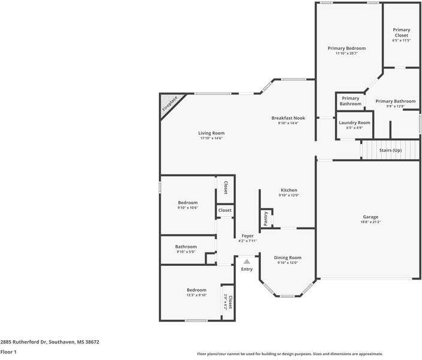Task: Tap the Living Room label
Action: click(x=211, y=133)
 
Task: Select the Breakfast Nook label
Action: click(x=288, y=118)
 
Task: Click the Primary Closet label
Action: click(x=401, y=32)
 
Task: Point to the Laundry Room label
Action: click(x=354, y=122)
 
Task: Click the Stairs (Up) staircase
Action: click(x=390, y=149)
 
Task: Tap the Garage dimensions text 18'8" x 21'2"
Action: click(x=370, y=222)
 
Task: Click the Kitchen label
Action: click(x=288, y=190)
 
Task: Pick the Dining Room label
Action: click(x=288, y=257)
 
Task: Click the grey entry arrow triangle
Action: click(x=246, y=262)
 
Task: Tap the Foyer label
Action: click(x=247, y=236)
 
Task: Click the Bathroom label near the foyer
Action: click(x=186, y=247)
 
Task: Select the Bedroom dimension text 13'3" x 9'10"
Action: click(x=196, y=295)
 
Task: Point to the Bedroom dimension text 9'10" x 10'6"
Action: click(x=188, y=208)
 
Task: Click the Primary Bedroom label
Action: click(x=346, y=48)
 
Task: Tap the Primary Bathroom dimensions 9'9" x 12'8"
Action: click(x=396, y=106)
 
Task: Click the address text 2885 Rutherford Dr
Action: click(x=23, y=342)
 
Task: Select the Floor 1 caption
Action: click(x=8, y=352)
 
